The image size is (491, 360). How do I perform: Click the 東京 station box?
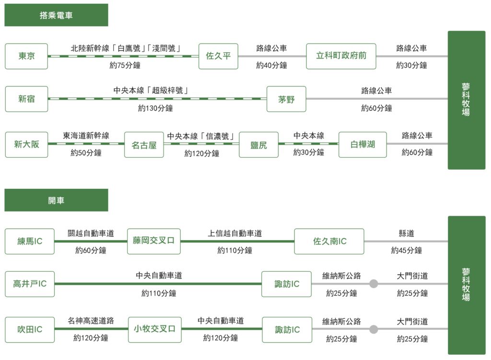pyautogui.click(x=26, y=57)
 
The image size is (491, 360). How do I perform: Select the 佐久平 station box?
pyautogui.click(x=218, y=57)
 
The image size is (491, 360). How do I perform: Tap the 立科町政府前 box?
pyautogui.click(x=341, y=57)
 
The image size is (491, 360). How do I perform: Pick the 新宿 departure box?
pyautogui.click(x=26, y=99)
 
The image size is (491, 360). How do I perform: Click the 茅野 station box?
pyautogui.click(x=286, y=99)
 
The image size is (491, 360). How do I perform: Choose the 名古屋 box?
pyautogui.click(x=144, y=145)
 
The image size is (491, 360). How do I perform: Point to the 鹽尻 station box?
pyautogui.click(x=258, y=145)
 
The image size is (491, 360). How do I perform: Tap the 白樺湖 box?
pyautogui.click(x=362, y=145)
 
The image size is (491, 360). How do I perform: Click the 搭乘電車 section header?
pyautogui.click(x=57, y=15)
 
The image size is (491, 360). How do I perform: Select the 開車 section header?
pyautogui.click(x=57, y=200)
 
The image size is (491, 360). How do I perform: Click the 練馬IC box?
pyautogui.click(x=30, y=241)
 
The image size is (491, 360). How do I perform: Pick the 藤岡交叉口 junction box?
pyautogui.click(x=154, y=241)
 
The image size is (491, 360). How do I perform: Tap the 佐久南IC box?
pyautogui.click(x=329, y=241)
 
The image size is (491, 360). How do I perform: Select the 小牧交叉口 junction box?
pyautogui.click(x=155, y=330)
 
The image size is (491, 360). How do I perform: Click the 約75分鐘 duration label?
pyautogui.click(x=125, y=65)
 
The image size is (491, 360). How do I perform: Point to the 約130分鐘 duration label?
pyautogui.click(x=155, y=108)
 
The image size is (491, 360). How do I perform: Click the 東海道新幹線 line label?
pyautogui.click(x=86, y=136)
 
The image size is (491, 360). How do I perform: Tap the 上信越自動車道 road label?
pyautogui.click(x=235, y=233)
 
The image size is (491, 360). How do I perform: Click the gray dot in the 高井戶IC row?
pyautogui.click(x=374, y=284)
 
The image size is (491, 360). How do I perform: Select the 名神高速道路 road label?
pyautogui.click(x=91, y=321)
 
